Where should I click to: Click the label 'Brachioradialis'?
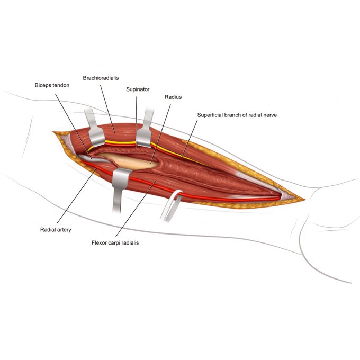coord(101,78)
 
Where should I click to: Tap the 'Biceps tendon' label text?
coord(52,85)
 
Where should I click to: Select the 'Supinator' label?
coord(138,89)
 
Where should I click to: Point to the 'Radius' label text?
coord(173,97)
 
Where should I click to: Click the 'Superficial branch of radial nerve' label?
coord(237,115)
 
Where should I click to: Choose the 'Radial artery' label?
coord(56,230)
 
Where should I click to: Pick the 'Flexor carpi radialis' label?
coord(115,242)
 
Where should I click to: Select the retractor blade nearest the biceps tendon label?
coord(96,138)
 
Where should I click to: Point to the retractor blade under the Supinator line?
coord(144,138)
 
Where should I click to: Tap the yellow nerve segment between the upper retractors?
coord(120,142)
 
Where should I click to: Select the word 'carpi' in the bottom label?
coord(117,243)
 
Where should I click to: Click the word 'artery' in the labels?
coord(64,230)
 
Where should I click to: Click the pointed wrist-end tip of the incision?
coord(304,200)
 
